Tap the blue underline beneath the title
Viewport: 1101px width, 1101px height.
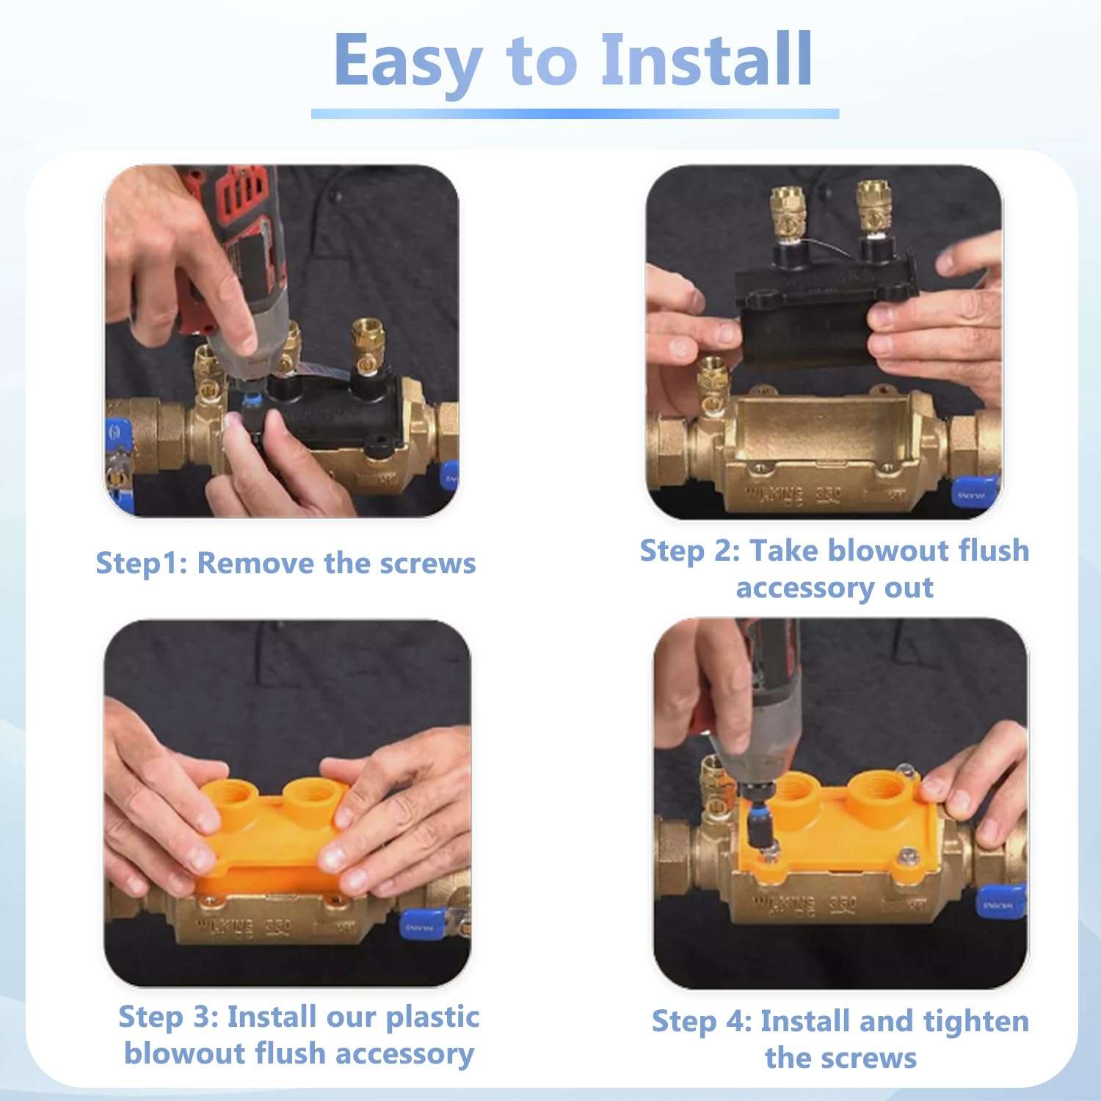tap(575, 114)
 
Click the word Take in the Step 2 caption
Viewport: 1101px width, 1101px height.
tap(783, 550)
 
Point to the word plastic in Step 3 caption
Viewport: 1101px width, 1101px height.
tap(432, 1017)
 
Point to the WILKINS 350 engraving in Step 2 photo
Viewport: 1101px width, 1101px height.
tap(793, 494)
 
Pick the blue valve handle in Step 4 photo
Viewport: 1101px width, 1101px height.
tap(1000, 903)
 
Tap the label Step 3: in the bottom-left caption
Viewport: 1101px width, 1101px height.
tap(168, 1017)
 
